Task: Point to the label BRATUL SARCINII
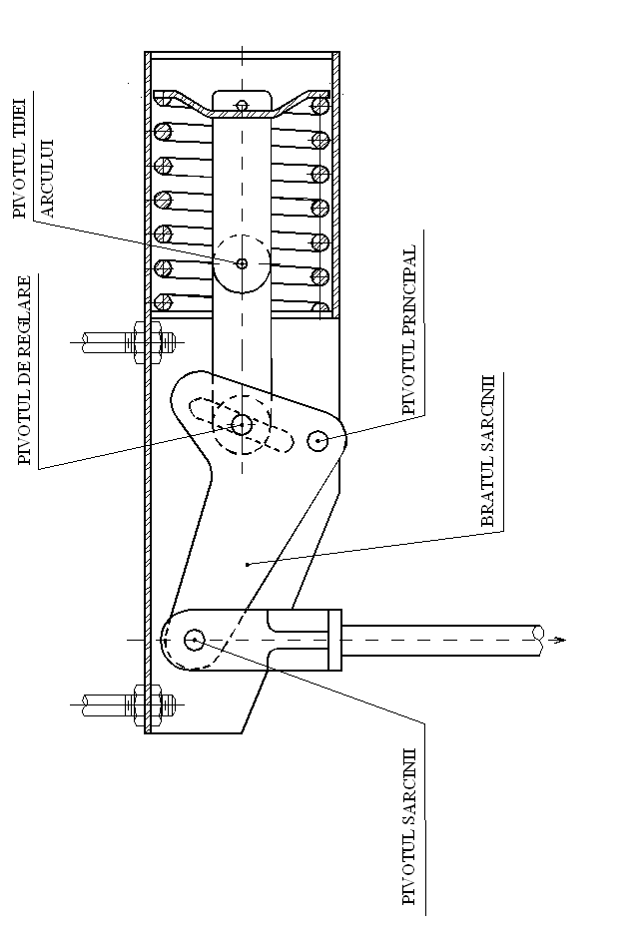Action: (489, 450)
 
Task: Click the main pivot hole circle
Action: (319, 440)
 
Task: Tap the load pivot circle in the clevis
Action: (194, 638)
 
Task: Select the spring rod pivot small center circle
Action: (242, 263)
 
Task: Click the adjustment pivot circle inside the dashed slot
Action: (241, 425)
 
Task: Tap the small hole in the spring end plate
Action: (241, 105)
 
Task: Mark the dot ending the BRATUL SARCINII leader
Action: (248, 564)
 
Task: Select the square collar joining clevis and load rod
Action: (335, 639)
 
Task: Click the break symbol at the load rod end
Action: (539, 639)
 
